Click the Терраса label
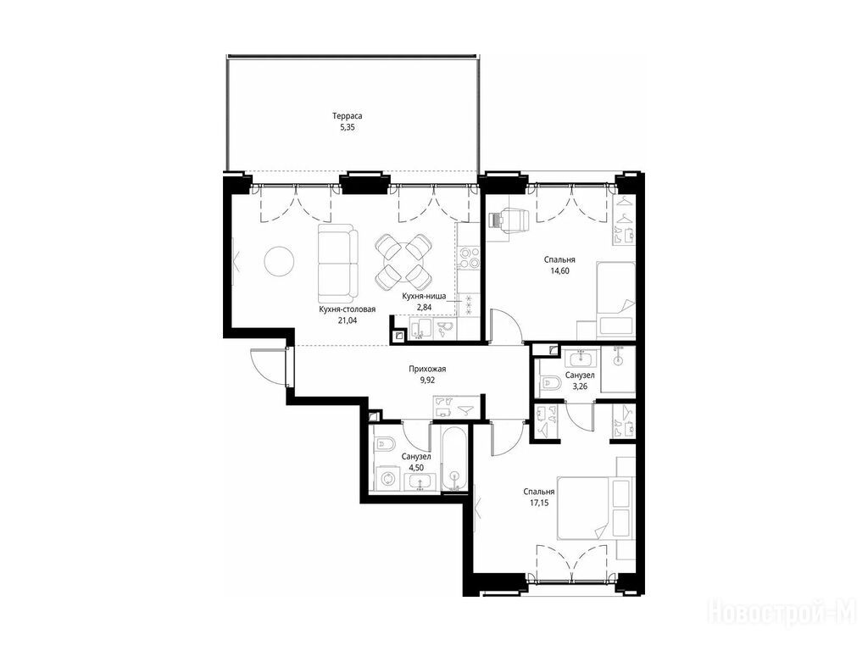click(x=347, y=116)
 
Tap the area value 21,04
click(x=347, y=320)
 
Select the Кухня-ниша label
click(x=424, y=296)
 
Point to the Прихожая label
click(x=427, y=369)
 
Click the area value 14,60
click(x=559, y=270)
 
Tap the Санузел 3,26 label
click(x=580, y=381)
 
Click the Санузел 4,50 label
click(x=416, y=462)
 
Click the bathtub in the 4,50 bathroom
click(x=455, y=457)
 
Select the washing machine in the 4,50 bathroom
click(x=388, y=478)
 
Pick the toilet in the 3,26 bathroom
click(x=552, y=382)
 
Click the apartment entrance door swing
click(x=269, y=366)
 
